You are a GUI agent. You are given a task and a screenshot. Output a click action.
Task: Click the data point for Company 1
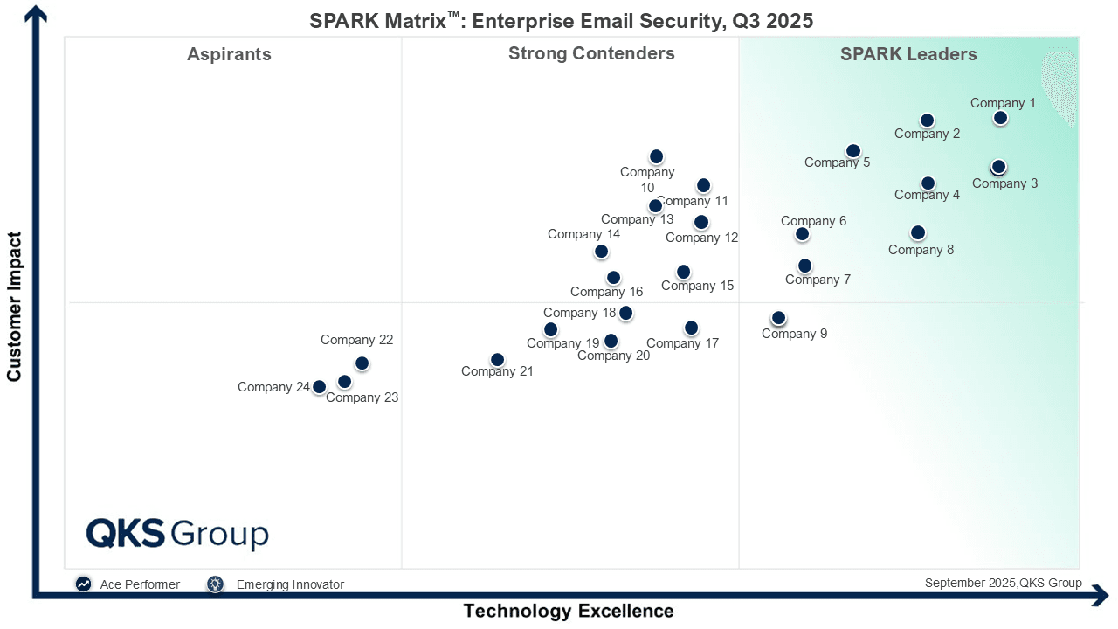coord(1001,118)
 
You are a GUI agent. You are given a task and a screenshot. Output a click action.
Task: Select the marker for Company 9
coord(778,318)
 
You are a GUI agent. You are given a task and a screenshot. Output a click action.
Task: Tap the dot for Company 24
coord(320,387)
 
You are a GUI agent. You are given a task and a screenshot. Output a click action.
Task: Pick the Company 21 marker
coord(497,360)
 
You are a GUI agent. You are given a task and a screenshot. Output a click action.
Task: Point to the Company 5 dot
coord(853,151)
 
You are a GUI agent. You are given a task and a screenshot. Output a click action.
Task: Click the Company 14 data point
coord(601,252)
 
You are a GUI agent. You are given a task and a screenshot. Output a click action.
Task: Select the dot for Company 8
coord(917,232)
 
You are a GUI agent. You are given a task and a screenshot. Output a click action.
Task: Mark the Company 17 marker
coord(691,328)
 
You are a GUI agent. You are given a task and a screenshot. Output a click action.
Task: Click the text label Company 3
coord(1004,183)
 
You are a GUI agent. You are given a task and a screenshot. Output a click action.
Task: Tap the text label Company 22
coord(356,341)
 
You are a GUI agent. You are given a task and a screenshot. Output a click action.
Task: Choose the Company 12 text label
coord(701,238)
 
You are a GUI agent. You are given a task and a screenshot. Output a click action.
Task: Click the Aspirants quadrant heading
coord(229,54)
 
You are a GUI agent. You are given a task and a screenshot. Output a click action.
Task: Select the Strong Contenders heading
coord(591,53)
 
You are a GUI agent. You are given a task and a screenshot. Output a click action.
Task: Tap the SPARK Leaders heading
coord(908,54)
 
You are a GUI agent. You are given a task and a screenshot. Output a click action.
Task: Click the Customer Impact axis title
coord(14,306)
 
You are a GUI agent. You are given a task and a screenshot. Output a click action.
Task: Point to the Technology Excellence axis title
coord(568,611)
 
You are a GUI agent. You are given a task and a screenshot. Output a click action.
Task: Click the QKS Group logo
coord(177,533)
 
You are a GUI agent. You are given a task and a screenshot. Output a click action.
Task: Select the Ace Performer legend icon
coord(83,584)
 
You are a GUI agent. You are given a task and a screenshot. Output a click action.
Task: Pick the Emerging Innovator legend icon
coord(215,584)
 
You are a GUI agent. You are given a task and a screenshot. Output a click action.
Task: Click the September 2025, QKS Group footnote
coord(1003,583)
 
